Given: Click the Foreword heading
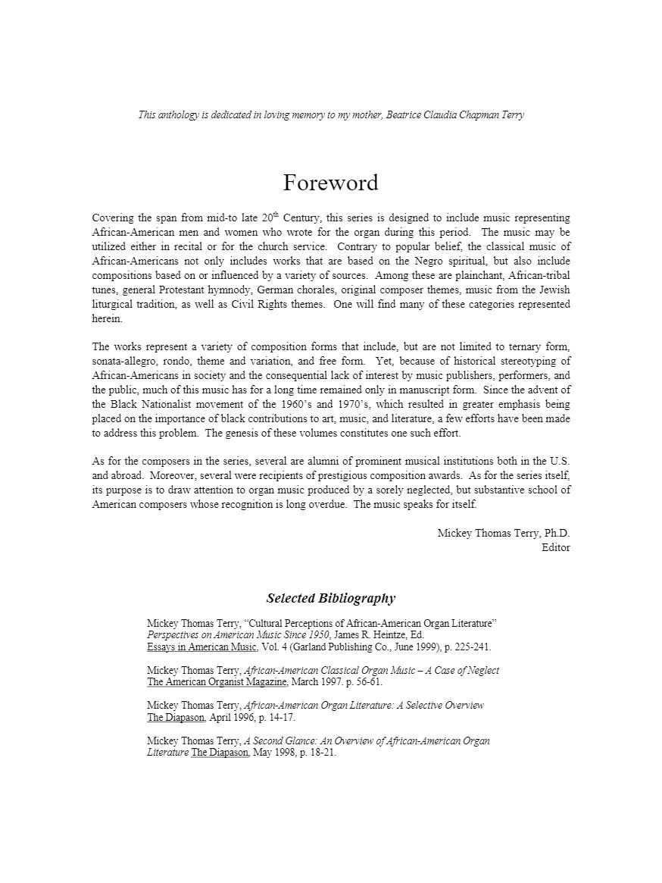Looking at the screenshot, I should [x=330, y=183].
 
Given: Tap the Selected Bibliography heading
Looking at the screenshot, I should [x=331, y=598].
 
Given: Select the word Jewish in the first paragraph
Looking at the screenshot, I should [x=554, y=290].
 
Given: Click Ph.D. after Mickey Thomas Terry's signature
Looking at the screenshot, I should [x=557, y=533].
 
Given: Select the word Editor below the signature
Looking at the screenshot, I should [x=556, y=547].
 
